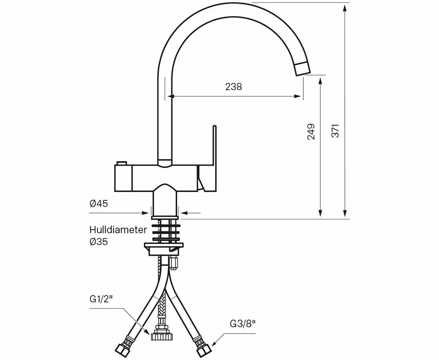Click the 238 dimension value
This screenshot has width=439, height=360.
(233, 87)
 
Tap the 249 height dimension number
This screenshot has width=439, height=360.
(311, 131)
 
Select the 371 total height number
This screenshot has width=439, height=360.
(335, 131)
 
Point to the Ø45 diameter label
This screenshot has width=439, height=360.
(99, 204)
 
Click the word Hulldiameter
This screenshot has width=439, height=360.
(118, 230)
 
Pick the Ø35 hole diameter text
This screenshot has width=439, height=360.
(99, 241)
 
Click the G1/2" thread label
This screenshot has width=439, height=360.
(101, 299)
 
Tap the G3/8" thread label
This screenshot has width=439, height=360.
(243, 323)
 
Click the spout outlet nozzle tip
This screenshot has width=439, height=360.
(303, 68)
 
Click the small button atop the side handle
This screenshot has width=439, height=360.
(121, 163)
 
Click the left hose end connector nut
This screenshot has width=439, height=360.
(121, 350)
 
